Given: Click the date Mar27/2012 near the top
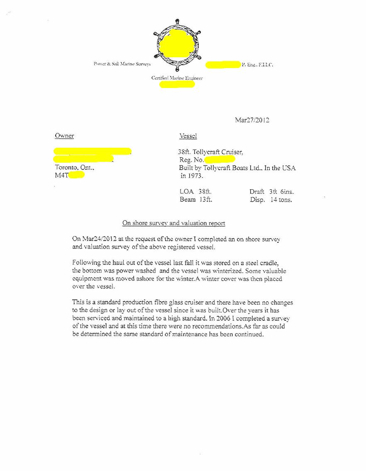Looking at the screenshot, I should point(252,120).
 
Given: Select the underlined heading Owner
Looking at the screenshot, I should point(64,136).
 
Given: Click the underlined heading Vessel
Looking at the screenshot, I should point(188,136).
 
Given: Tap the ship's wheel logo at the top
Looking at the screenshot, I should point(177,45).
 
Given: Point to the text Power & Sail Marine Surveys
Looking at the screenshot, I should point(122,64).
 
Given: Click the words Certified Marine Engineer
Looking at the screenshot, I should point(177,78).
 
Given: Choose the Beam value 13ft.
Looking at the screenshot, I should point(205,200).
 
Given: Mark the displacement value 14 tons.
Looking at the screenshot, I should point(281,200).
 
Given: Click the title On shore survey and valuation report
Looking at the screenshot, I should point(173,223).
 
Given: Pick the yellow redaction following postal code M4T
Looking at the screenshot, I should point(77,176).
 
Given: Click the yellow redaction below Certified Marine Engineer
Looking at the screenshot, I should point(177,85).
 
